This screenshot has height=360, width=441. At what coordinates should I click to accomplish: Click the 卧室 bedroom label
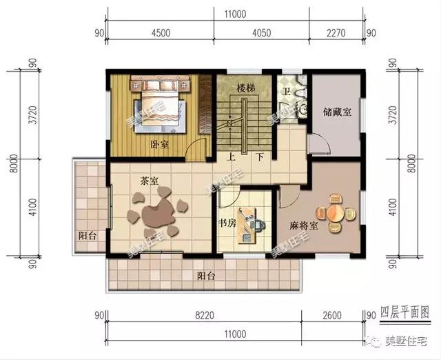point(159,145)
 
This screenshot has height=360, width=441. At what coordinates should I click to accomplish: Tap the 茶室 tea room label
point(150,181)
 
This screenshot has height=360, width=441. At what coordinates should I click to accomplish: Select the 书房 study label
point(227,223)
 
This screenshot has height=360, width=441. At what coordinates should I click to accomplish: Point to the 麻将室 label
point(304,226)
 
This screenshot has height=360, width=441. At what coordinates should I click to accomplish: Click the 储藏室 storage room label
point(337,112)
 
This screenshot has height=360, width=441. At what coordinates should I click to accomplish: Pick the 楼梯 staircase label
point(245,89)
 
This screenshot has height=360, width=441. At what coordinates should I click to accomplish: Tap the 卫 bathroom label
point(287,92)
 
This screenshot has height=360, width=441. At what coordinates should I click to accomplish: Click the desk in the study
point(247,226)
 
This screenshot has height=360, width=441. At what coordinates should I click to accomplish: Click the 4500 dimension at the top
point(161,33)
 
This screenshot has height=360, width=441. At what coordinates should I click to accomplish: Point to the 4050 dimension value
point(262,33)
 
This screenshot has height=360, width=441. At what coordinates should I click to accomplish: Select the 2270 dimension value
point(336,33)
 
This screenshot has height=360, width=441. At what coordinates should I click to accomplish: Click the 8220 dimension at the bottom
point(205,315)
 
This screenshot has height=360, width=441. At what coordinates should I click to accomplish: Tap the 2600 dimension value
point(332,315)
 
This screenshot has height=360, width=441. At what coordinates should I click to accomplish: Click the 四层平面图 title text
point(405,312)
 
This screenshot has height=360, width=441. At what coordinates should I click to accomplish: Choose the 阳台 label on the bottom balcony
point(206,276)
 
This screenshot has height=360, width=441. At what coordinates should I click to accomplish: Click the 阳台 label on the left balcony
point(88,236)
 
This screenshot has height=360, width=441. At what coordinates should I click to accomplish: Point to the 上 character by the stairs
point(232,157)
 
